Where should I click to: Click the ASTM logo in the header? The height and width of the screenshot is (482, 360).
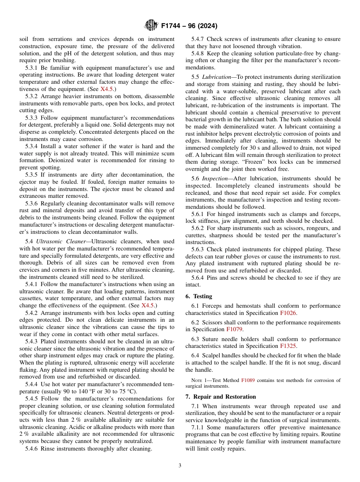[151, 26]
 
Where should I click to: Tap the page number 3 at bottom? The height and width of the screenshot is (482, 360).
[180, 466]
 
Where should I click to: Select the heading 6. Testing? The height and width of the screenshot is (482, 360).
[199, 296]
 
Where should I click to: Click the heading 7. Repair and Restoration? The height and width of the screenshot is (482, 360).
[221, 397]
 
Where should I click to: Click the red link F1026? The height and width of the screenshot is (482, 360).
[288, 313]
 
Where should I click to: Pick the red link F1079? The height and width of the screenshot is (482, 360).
[234, 330]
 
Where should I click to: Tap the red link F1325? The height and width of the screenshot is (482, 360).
[288, 346]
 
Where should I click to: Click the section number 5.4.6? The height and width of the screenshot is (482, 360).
[31, 449]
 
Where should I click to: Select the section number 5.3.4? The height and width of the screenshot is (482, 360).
[31, 146]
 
